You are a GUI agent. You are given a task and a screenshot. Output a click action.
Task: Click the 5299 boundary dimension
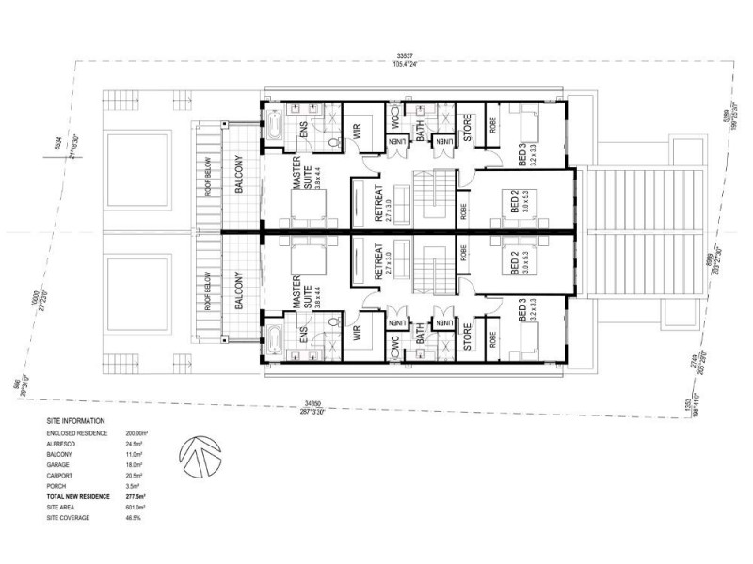(x=720, y=118)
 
